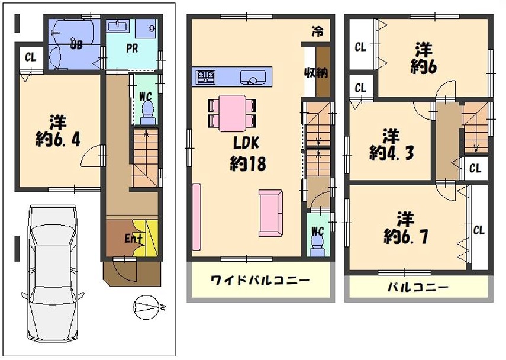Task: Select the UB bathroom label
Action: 76,44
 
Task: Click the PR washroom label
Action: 132,48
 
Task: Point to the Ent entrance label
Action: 133,239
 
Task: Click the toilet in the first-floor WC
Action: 148,112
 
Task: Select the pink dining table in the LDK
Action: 232,113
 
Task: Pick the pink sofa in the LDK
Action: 270,213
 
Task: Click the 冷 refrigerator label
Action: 317,31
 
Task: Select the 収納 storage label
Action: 316,72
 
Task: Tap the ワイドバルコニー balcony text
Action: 260,280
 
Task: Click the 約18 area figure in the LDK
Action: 248,163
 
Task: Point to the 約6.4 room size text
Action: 58,140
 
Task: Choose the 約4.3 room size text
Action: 391,153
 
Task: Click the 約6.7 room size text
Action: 406,237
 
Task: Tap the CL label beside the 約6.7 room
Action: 479,230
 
